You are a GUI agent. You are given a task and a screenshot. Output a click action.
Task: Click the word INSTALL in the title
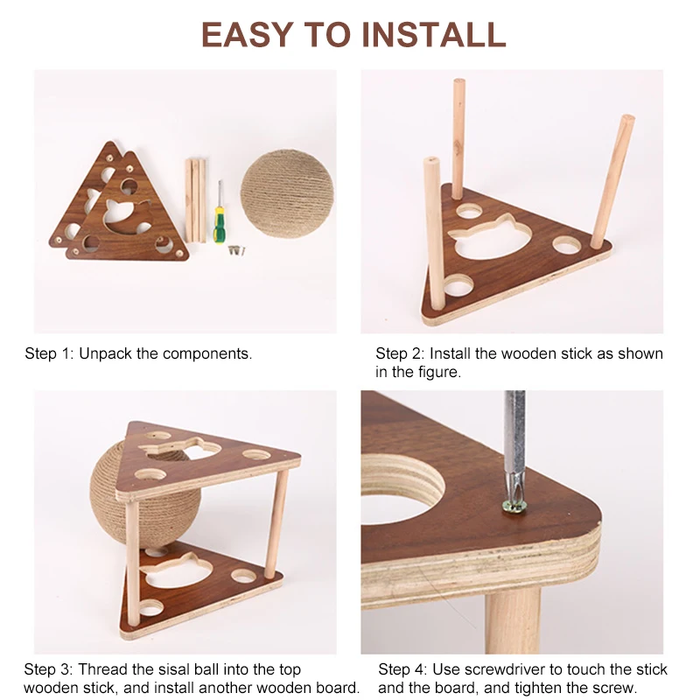pos(434,34)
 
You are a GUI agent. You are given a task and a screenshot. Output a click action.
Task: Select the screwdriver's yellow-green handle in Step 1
pos(222,229)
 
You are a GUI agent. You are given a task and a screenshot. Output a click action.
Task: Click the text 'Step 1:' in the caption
pos(49,353)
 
